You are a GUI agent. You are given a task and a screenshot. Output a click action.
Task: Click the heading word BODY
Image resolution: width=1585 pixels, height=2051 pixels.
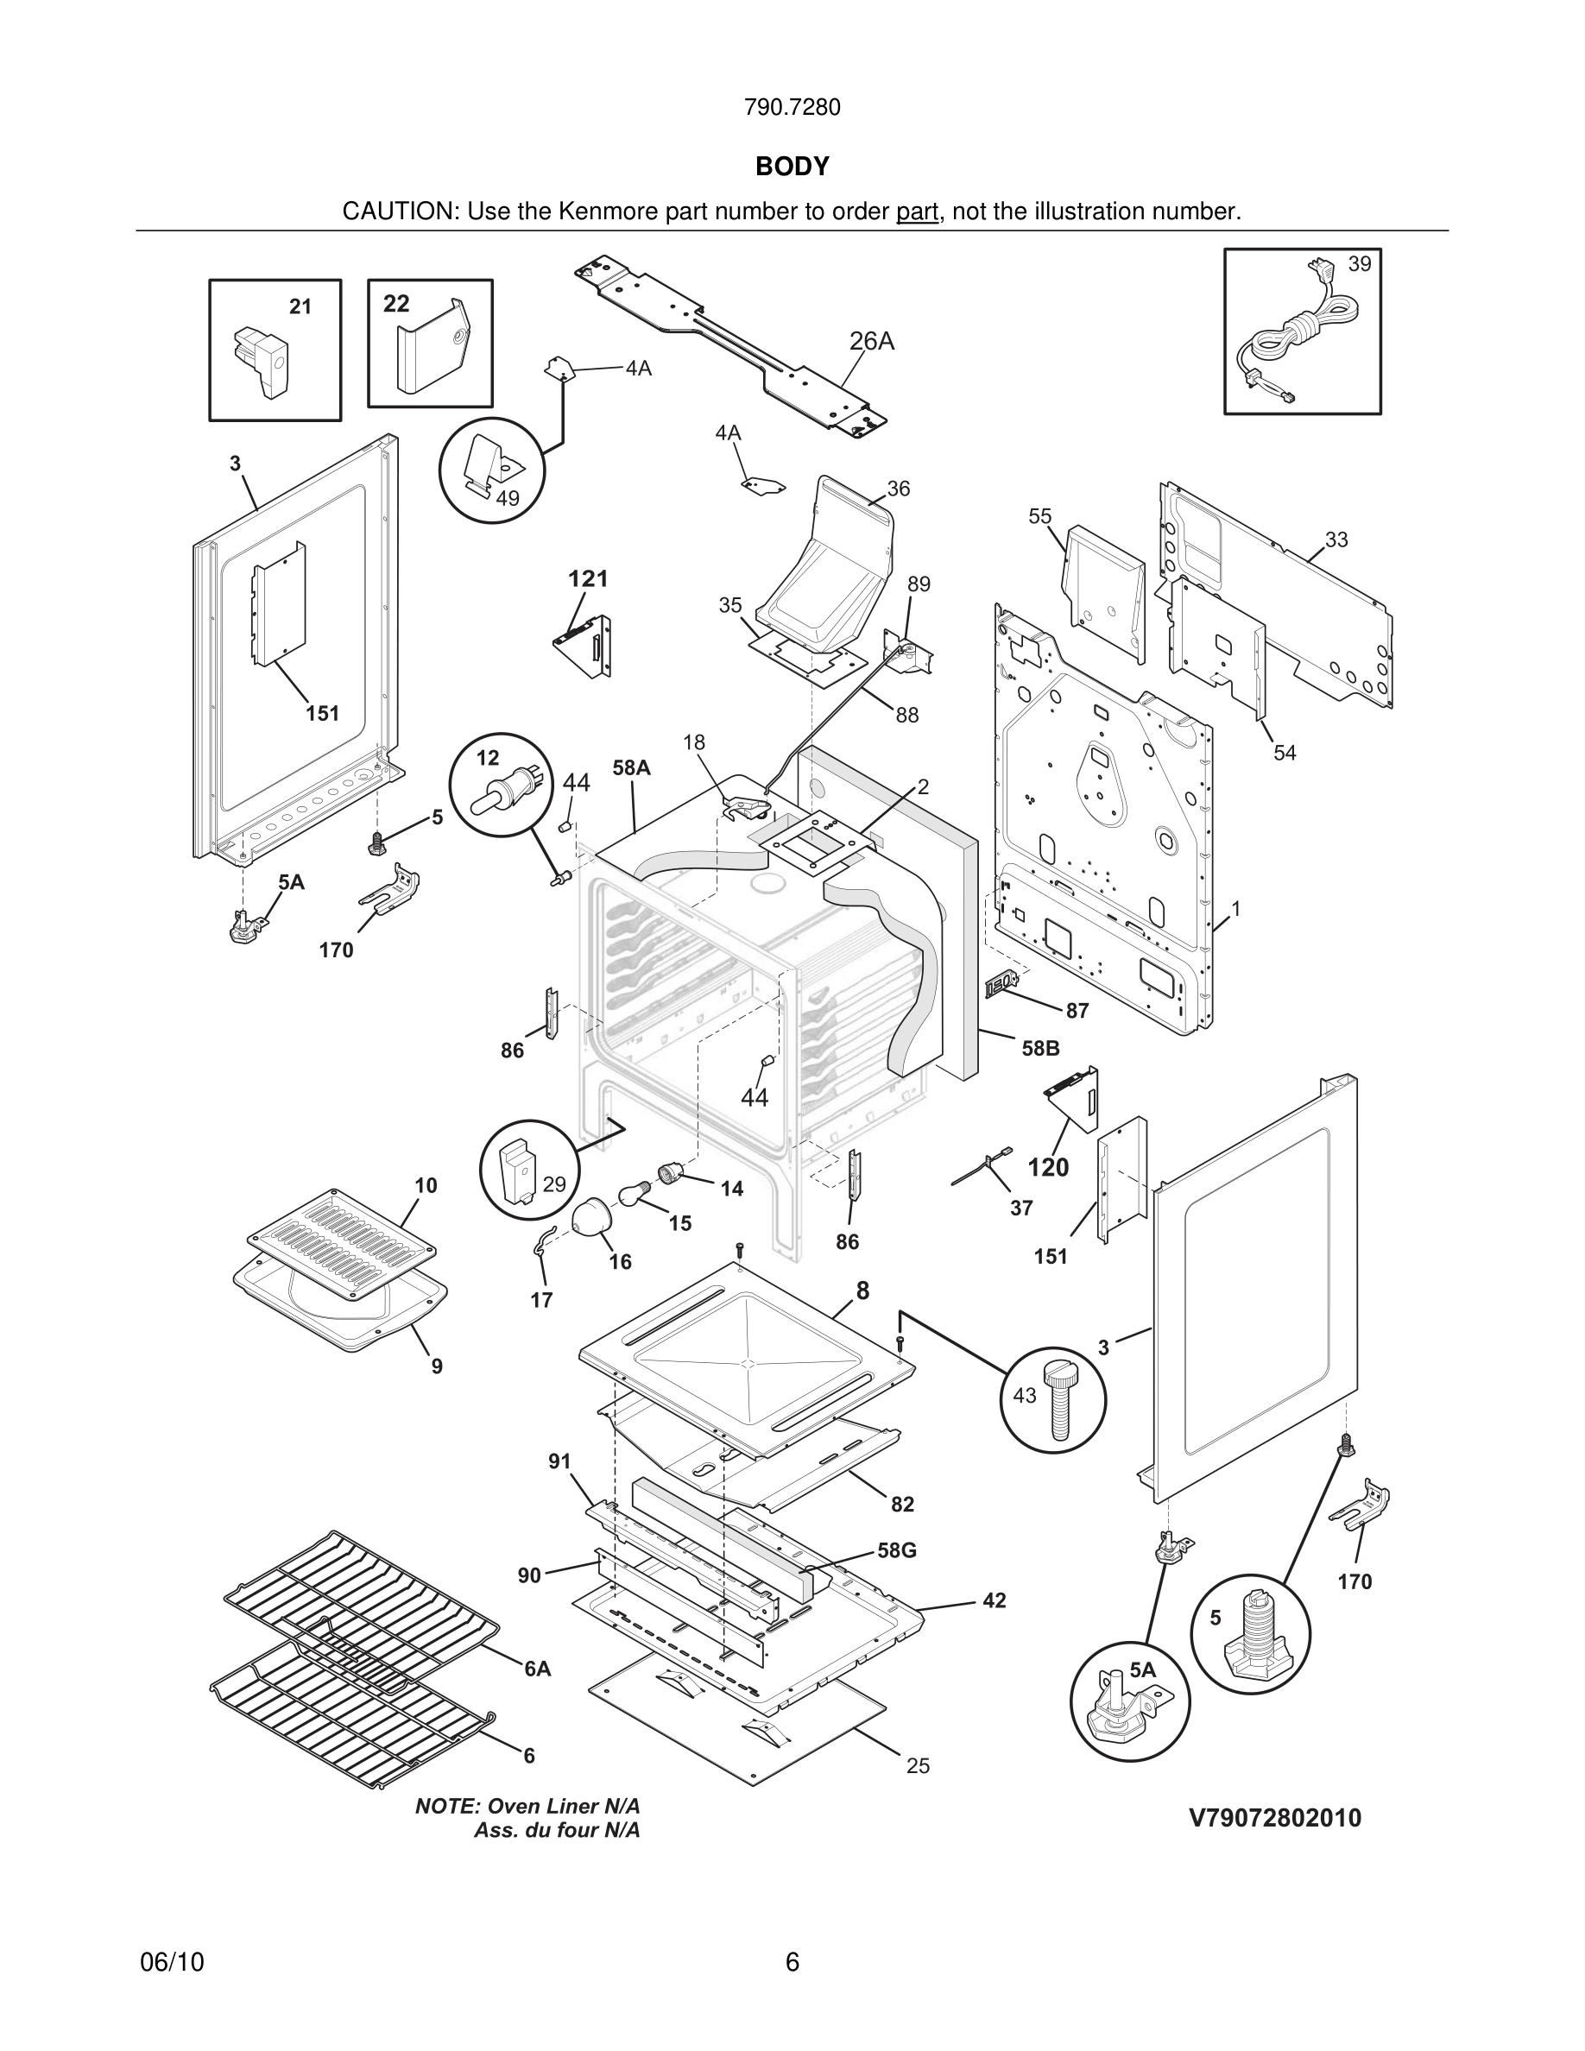[792, 167]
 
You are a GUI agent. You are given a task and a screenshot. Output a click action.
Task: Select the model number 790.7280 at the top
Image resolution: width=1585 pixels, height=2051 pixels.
[792, 108]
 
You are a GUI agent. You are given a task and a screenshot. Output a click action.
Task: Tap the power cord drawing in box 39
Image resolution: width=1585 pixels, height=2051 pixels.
[1299, 333]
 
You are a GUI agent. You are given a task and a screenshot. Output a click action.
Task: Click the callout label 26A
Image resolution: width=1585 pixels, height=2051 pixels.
[871, 342]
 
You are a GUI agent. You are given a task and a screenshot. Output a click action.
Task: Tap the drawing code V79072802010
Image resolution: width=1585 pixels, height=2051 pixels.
[1274, 1818]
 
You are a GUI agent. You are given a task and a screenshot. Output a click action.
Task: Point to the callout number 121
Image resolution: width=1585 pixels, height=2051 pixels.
[588, 578]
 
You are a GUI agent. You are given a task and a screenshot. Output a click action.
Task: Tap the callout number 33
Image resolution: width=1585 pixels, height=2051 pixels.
[1336, 540]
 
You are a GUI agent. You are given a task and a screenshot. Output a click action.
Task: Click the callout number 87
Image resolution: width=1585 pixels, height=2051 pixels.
[1077, 1011]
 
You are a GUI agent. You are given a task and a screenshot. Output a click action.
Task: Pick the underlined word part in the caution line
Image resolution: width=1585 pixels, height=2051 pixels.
[917, 212]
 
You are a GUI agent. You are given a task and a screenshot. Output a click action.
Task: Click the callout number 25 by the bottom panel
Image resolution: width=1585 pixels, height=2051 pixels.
[918, 1766]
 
